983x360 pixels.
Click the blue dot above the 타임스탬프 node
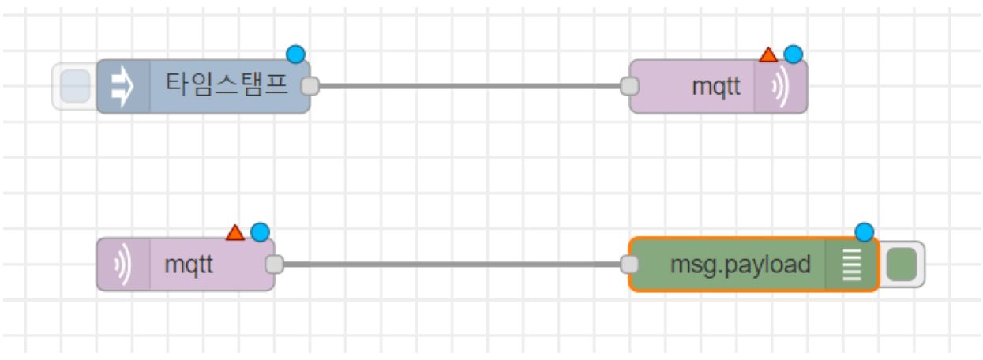296,54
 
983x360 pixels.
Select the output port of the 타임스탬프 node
310,86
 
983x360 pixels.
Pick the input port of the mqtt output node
629,86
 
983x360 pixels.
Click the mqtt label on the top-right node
716,86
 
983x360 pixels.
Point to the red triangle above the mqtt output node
767,54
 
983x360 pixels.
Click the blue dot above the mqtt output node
793,54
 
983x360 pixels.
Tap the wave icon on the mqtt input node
122,264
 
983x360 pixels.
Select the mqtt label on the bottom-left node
189,264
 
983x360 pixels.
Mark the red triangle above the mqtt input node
235,233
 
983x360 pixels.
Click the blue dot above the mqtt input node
260,232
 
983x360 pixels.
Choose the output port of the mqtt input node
274,264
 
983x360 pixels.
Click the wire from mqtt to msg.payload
450,264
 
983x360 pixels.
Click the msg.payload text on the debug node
740,264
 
